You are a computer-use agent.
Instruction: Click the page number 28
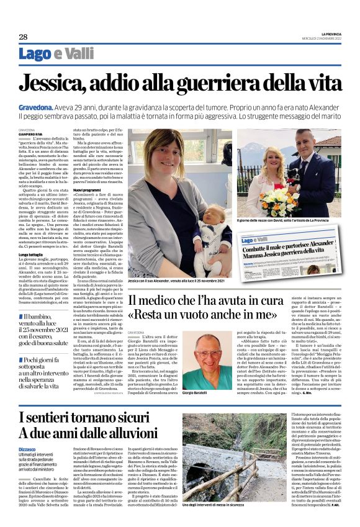click(23, 37)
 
